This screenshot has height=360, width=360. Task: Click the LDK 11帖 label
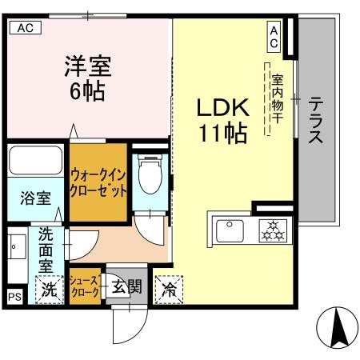(x=222, y=119)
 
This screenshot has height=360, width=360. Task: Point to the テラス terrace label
(x=316, y=120)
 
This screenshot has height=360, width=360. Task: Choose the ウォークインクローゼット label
(x=98, y=182)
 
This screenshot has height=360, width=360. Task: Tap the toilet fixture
(x=150, y=174)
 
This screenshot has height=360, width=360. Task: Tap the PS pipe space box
(x=14, y=297)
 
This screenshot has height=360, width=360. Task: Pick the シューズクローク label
(x=84, y=286)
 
